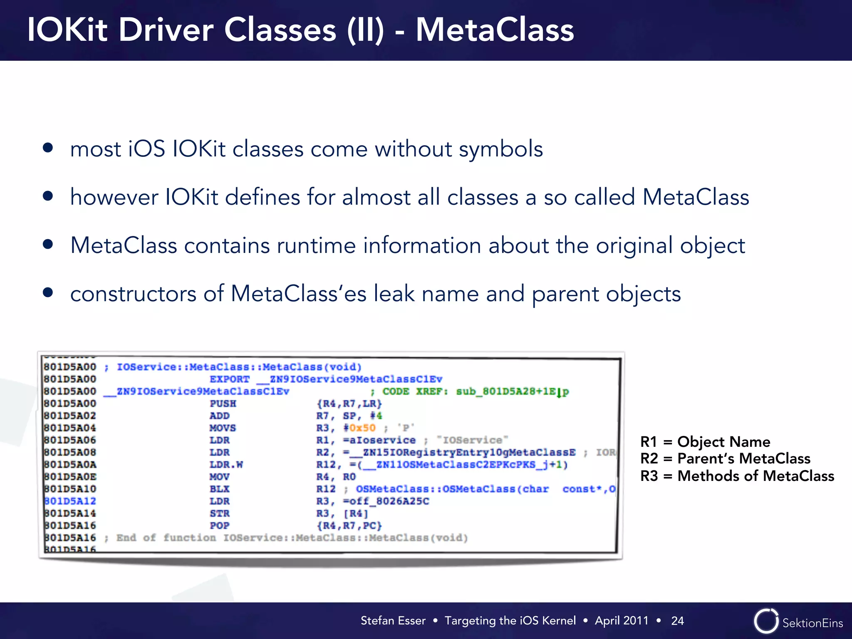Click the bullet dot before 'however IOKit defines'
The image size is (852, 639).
pyautogui.click(x=48, y=196)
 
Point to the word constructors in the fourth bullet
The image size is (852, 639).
pyautogui.click(x=133, y=294)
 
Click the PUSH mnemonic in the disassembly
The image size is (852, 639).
pyautogui.click(x=223, y=404)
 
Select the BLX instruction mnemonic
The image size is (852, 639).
pyautogui.click(x=219, y=489)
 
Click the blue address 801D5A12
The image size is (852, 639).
pyautogui.click(x=70, y=501)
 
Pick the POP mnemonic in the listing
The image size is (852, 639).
pyautogui.click(x=219, y=525)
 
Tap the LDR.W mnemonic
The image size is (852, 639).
pyautogui.click(x=226, y=465)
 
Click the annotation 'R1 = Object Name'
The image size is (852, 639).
pyautogui.click(x=705, y=441)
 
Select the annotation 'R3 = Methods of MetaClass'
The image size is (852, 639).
pyautogui.click(x=737, y=476)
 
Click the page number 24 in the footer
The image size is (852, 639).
pyautogui.click(x=677, y=621)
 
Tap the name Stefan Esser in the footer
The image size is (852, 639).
pyautogui.click(x=393, y=621)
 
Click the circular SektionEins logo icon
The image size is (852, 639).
pyautogui.click(x=765, y=621)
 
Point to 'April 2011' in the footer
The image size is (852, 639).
pyautogui.click(x=622, y=621)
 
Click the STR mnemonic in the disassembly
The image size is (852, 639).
pyautogui.click(x=219, y=513)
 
